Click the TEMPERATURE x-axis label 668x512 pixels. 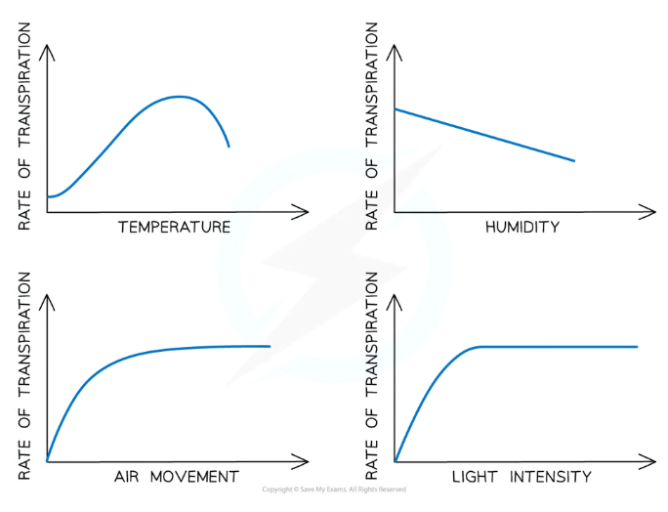174,228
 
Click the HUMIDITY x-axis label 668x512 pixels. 522,228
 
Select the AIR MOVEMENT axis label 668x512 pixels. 176,477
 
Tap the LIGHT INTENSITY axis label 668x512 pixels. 522,477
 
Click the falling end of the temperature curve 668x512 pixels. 229,146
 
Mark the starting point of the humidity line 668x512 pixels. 395,108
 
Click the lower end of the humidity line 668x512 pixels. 573,160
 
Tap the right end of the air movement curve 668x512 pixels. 269,346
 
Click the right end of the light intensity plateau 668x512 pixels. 636,347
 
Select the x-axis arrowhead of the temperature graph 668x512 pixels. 305,211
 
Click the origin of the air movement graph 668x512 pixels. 47,460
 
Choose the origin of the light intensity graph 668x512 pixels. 395,460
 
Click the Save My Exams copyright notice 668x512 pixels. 334,490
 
